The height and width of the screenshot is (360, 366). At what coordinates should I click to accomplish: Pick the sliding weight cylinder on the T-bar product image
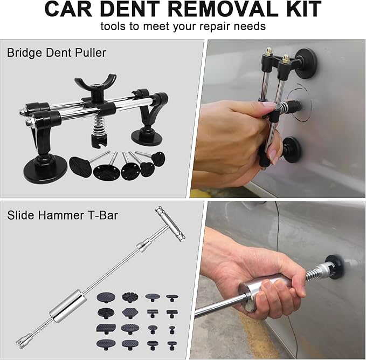click(67, 306)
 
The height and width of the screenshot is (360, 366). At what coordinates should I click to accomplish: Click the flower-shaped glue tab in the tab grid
click(128, 297)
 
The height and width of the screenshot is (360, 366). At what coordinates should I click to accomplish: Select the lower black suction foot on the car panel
click(292, 150)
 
